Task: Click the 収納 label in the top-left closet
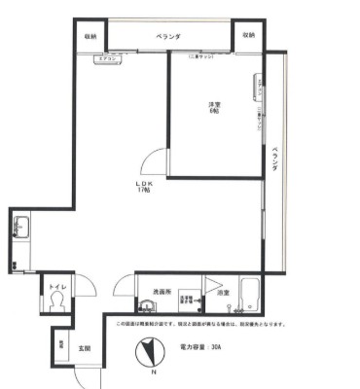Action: tap(90, 35)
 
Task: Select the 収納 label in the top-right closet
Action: tap(247, 35)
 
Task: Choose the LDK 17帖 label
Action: tap(144, 187)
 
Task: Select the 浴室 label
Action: tap(223, 292)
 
